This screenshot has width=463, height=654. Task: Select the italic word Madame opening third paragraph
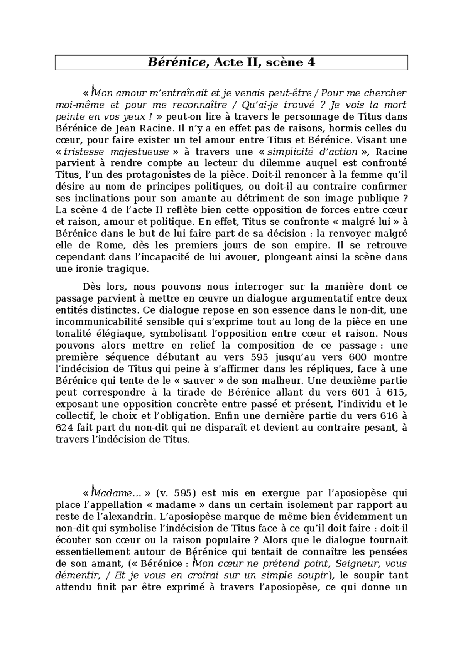point(112,493)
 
